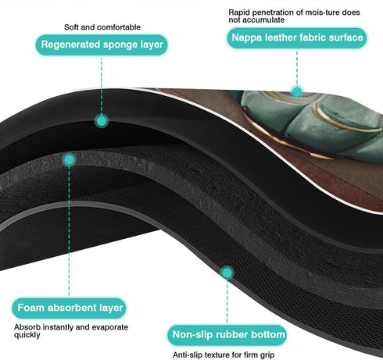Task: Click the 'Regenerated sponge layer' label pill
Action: coord(102,45)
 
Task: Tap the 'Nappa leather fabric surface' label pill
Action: coord(297,37)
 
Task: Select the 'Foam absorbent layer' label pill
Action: coord(69,308)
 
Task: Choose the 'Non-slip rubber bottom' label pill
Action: coord(227,335)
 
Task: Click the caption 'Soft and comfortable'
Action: coord(102,27)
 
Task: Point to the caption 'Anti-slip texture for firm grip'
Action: coord(224,355)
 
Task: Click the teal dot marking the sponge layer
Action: coord(102,121)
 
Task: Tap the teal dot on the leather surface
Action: coord(297,91)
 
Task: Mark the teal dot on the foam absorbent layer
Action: coord(69,159)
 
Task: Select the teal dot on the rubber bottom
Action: coord(227,273)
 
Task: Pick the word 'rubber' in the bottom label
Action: coord(231,335)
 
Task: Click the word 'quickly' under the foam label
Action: coord(27,335)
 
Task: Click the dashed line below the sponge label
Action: coord(102,85)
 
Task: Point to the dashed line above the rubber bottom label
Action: coord(227,302)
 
